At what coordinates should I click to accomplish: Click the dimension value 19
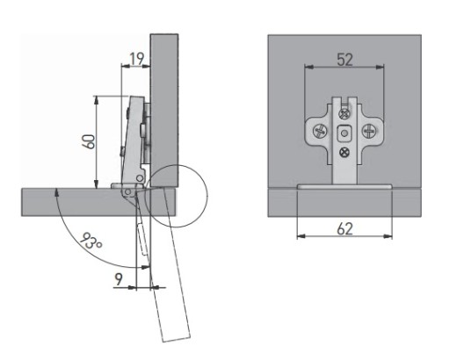[136, 59]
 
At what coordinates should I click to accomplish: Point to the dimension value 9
[119, 279]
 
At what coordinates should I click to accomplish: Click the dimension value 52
[345, 60]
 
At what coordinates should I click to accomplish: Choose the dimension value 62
[345, 228]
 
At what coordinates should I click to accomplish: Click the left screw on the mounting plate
[319, 131]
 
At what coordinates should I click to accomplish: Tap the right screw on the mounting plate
[370, 131]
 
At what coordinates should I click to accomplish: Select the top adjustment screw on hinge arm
[345, 113]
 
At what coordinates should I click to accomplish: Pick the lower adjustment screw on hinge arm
[345, 152]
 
